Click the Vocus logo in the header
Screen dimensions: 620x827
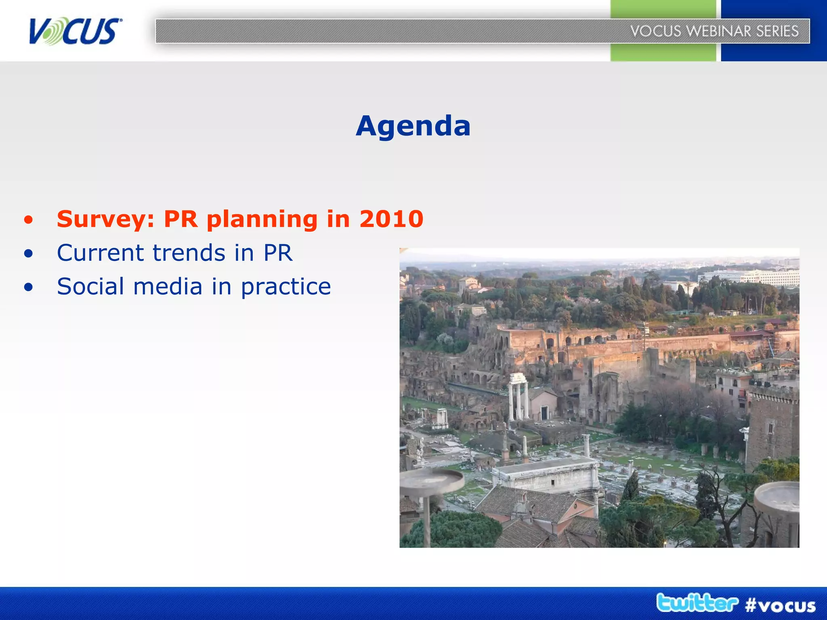tap(75, 31)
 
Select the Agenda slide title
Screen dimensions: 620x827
tap(413, 126)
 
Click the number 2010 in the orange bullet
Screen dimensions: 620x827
tap(391, 219)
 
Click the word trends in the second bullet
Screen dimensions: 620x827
tap(189, 253)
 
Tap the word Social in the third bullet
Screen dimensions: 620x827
tap(90, 287)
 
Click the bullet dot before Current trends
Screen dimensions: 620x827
tap(28, 253)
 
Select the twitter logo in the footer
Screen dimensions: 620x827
tap(697, 603)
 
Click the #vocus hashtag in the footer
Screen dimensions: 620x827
tap(780, 605)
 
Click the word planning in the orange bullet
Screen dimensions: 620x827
tap(262, 220)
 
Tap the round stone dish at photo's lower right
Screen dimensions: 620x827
tap(777, 496)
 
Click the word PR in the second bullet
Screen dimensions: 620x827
tap(278, 253)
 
